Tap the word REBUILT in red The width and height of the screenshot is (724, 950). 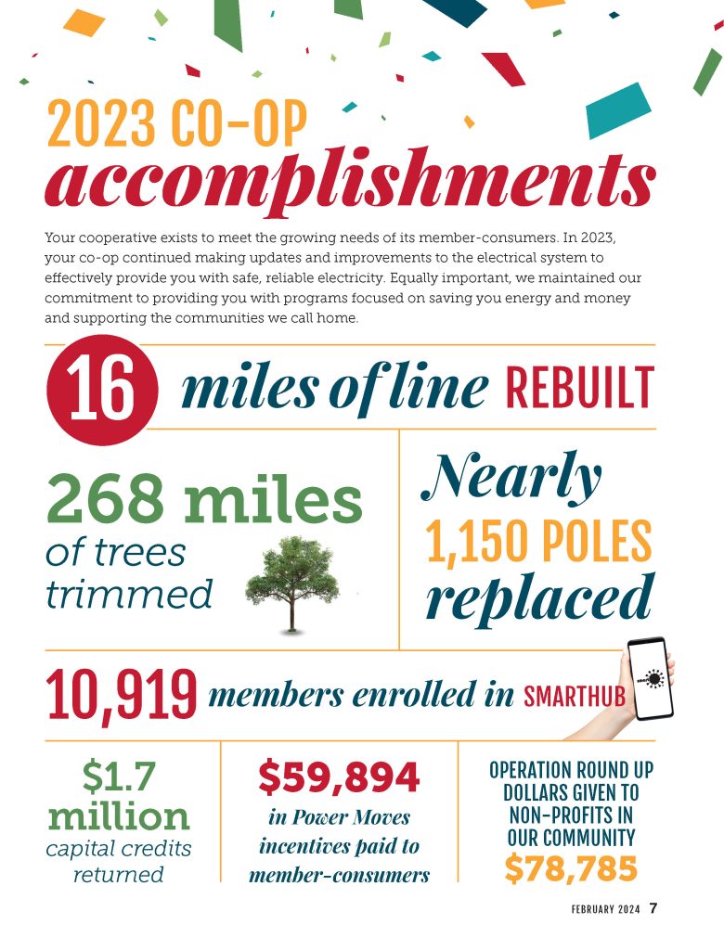click(x=580, y=389)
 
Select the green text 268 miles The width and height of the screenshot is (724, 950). click(x=203, y=501)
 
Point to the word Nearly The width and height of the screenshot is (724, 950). click(x=512, y=479)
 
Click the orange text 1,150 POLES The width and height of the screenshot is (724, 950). click(x=538, y=543)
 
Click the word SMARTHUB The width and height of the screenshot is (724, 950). click(x=575, y=697)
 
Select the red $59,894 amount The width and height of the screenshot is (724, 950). click(x=339, y=778)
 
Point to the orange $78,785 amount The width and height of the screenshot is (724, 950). click(x=571, y=868)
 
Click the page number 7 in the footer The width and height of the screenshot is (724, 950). click(x=653, y=908)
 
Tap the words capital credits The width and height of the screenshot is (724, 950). click(x=119, y=848)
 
